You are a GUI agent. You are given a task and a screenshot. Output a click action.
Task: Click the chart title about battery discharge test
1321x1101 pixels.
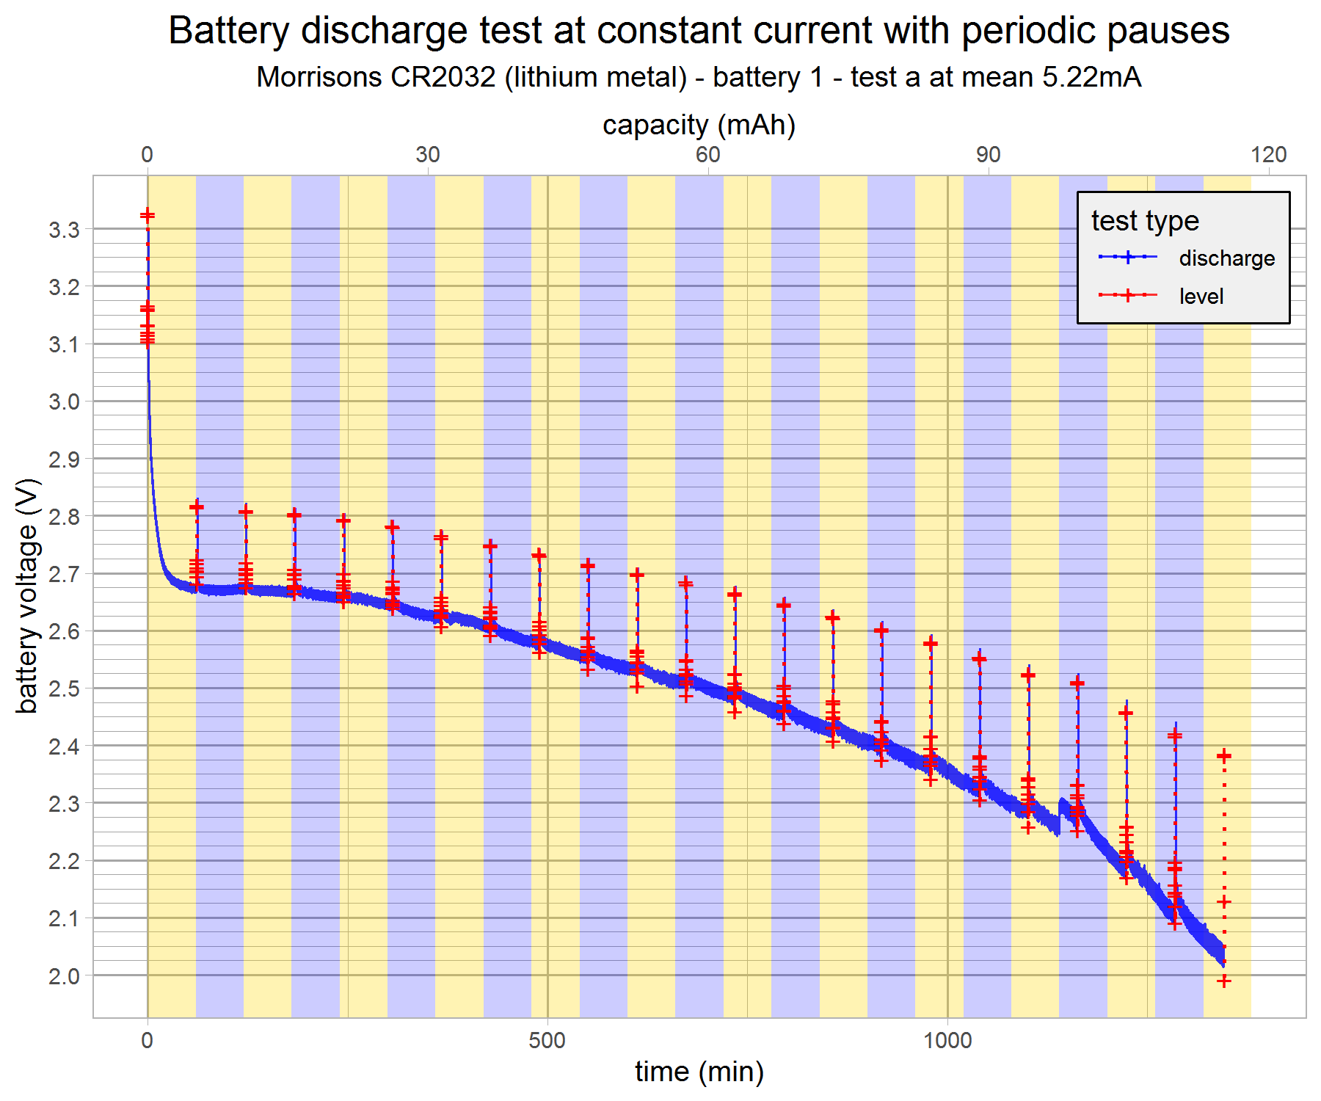pyautogui.click(x=699, y=31)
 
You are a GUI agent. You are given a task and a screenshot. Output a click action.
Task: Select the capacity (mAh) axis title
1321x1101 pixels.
pyautogui.click(x=699, y=125)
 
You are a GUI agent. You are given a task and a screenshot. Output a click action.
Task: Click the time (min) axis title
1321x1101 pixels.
pyautogui.click(x=699, y=1072)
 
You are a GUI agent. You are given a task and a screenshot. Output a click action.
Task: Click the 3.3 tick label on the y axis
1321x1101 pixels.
pyautogui.click(x=64, y=230)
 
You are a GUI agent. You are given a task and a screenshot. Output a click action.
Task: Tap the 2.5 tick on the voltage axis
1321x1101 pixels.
pyautogui.click(x=64, y=689)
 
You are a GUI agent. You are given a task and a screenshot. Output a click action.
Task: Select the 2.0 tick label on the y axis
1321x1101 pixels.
pyautogui.click(x=64, y=976)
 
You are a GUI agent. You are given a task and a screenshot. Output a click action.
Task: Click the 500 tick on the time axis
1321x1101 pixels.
pyautogui.click(x=547, y=1040)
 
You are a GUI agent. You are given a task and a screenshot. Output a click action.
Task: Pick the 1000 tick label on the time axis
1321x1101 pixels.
pyautogui.click(x=947, y=1040)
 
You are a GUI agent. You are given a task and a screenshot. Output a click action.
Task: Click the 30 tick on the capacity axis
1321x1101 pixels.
pyautogui.click(x=428, y=154)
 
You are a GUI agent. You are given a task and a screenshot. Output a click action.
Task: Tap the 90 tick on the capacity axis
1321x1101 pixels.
pyautogui.click(x=989, y=154)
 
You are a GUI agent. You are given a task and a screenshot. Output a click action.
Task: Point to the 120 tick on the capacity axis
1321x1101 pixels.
pyautogui.click(x=1269, y=154)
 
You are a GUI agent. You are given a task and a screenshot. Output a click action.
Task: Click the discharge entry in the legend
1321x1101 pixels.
pyautogui.click(x=1226, y=258)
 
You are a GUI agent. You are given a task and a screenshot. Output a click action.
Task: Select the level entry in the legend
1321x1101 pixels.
pyautogui.click(x=1201, y=296)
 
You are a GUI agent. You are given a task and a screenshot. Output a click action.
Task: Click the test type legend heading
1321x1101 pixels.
pyautogui.click(x=1145, y=220)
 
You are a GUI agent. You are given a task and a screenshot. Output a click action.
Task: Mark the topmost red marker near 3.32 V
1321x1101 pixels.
pyautogui.click(x=148, y=215)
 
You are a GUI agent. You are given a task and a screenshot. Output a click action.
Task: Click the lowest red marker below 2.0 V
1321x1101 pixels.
pyautogui.click(x=1223, y=981)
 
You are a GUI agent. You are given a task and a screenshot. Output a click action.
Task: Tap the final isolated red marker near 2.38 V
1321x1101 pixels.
pyautogui.click(x=1223, y=756)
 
